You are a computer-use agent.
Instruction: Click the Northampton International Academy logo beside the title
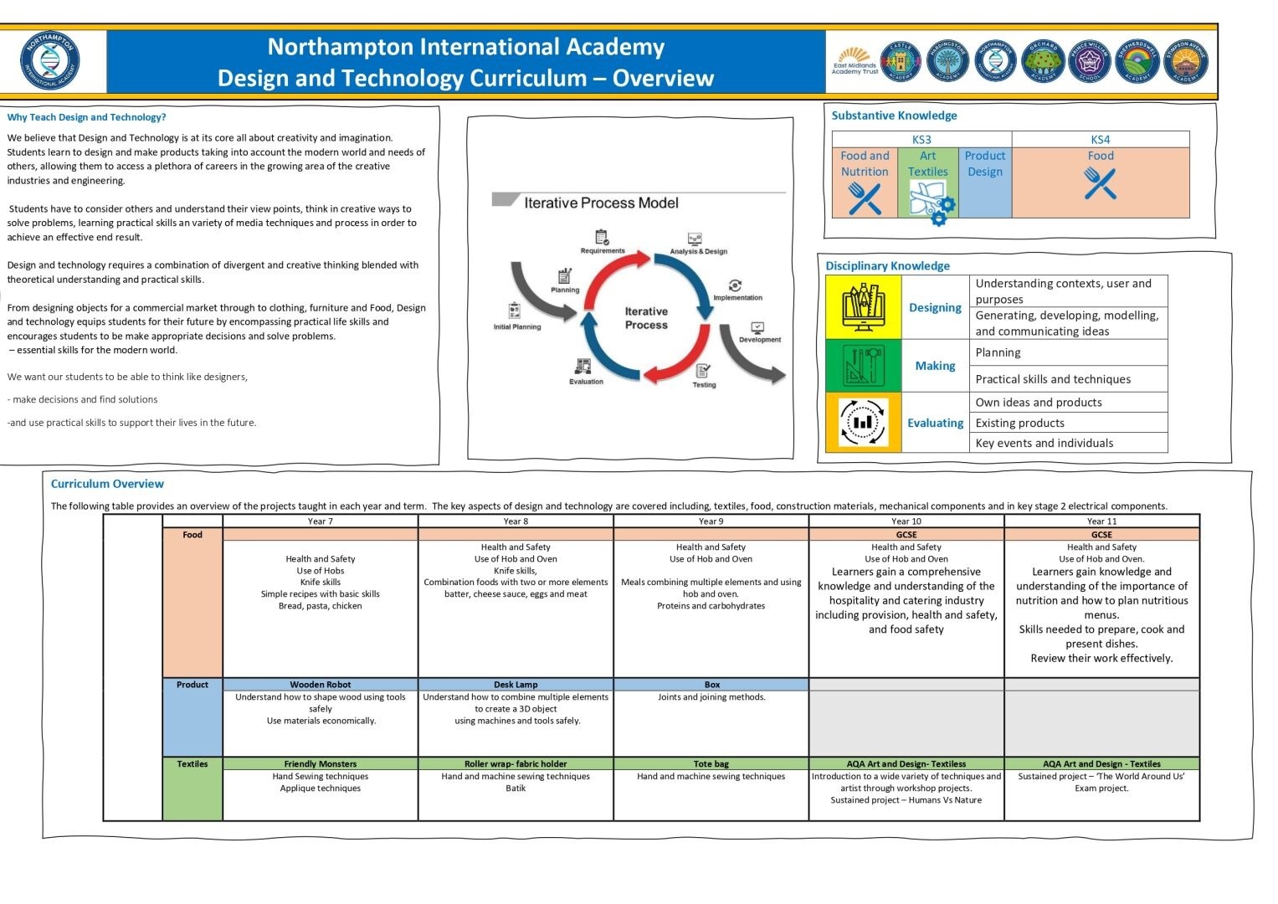click(x=50, y=60)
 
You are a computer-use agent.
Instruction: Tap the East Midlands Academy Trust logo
click(x=855, y=62)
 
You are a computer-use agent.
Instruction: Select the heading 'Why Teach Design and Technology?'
click(x=87, y=117)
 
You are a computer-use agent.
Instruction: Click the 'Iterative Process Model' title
click(x=601, y=203)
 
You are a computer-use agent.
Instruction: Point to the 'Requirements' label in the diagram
click(x=603, y=251)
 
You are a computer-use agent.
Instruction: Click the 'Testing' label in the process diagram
click(x=704, y=385)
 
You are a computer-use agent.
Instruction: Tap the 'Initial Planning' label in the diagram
click(x=517, y=327)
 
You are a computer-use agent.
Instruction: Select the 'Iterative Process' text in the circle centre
click(x=646, y=318)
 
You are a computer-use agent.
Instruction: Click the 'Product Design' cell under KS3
click(x=985, y=182)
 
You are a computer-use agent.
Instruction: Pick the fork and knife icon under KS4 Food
click(x=1100, y=183)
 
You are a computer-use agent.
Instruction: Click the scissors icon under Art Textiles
click(x=927, y=198)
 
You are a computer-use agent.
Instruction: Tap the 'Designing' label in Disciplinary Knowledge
click(x=935, y=308)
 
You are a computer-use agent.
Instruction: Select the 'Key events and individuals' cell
click(x=1044, y=444)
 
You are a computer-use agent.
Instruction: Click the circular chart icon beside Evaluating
click(x=863, y=423)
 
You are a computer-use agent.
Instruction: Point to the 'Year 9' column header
click(x=711, y=521)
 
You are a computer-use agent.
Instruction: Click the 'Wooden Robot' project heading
click(x=320, y=685)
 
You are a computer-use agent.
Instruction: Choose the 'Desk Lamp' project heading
click(x=516, y=685)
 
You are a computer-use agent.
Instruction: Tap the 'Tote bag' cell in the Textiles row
click(x=711, y=764)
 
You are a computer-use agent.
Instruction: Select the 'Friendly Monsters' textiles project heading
click(x=320, y=764)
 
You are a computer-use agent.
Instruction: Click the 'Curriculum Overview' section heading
click(x=107, y=484)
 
